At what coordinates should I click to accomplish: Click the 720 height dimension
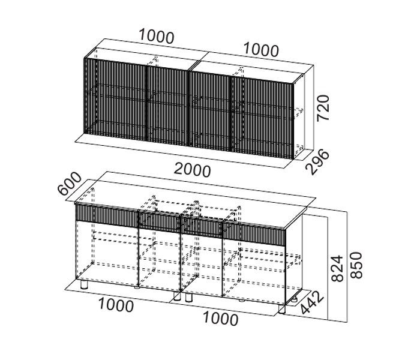(x=324, y=107)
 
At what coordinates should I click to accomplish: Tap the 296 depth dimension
(x=318, y=161)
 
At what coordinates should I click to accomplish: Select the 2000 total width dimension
(x=193, y=170)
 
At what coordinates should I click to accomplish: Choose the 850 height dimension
(x=357, y=264)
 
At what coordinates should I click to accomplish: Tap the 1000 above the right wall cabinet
(x=260, y=50)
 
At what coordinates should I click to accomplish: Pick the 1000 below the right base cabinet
(x=220, y=319)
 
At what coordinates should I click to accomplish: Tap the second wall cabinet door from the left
(x=168, y=104)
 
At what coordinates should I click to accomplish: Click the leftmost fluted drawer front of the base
(x=106, y=214)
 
